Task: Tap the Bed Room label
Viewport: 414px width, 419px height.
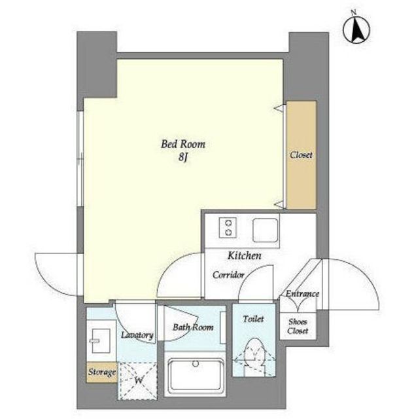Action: click(x=183, y=144)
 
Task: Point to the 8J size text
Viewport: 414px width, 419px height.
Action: click(x=183, y=158)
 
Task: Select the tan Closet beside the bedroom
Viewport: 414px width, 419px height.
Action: click(x=302, y=155)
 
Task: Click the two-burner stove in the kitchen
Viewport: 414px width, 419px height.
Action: click(x=228, y=228)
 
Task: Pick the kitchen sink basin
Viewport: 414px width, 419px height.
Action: click(x=266, y=230)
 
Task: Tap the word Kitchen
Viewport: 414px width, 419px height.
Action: click(x=244, y=256)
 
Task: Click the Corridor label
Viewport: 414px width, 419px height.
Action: click(x=228, y=275)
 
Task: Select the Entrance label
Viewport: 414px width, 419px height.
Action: click(x=302, y=294)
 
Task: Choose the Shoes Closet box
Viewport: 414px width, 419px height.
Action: click(x=298, y=326)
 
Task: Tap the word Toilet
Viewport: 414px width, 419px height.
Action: click(x=253, y=319)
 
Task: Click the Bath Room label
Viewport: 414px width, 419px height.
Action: click(x=193, y=327)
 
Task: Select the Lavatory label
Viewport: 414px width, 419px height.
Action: click(x=137, y=335)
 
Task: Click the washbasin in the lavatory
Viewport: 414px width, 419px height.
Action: click(x=101, y=340)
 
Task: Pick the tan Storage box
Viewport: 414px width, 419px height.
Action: click(x=102, y=373)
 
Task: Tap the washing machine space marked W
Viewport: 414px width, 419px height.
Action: click(x=137, y=381)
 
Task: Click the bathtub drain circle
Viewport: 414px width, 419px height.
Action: click(x=196, y=364)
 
